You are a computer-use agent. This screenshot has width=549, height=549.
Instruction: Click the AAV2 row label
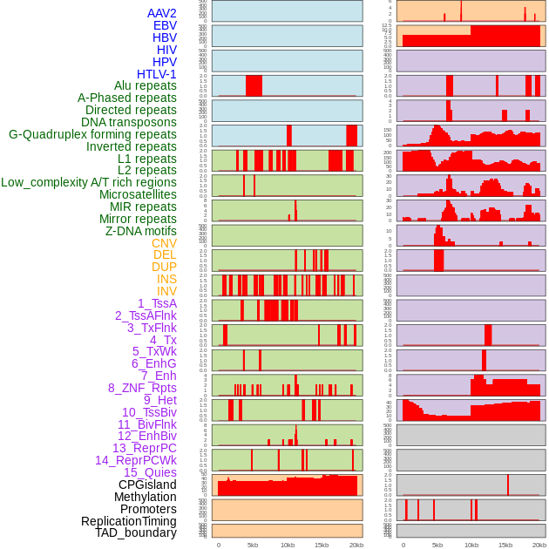tap(161, 13)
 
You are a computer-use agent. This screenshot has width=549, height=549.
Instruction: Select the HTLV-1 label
tap(156, 74)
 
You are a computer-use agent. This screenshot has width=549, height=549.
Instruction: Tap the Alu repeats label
tap(146, 86)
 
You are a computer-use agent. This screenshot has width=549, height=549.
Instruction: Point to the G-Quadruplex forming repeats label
tap(92, 134)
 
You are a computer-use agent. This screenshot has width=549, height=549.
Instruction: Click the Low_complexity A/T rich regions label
tap(89, 182)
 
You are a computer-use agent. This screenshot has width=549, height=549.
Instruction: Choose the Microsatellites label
tap(138, 194)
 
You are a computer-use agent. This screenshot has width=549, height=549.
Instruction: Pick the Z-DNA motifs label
tap(141, 231)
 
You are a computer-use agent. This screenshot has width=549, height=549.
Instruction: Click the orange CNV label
tap(164, 243)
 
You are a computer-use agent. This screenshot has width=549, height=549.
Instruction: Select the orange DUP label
tap(164, 267)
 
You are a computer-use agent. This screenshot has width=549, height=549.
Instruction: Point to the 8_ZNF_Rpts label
tap(142, 388)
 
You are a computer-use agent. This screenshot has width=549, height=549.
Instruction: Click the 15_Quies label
tap(150, 472)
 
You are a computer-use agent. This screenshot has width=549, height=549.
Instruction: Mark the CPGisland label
tap(147, 485)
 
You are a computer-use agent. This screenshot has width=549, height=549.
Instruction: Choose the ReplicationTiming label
tap(129, 521)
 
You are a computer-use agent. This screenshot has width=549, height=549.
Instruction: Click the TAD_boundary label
tap(136, 532)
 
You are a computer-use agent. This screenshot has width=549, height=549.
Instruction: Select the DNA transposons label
tap(129, 122)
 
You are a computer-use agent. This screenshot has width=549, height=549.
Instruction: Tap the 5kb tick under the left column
tap(253, 545)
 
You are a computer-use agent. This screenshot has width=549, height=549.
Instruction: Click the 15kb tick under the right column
tap(505, 545)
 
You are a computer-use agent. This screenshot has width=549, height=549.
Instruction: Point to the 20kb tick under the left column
tap(356, 545)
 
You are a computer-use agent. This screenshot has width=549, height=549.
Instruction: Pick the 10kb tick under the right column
tap(471, 545)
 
